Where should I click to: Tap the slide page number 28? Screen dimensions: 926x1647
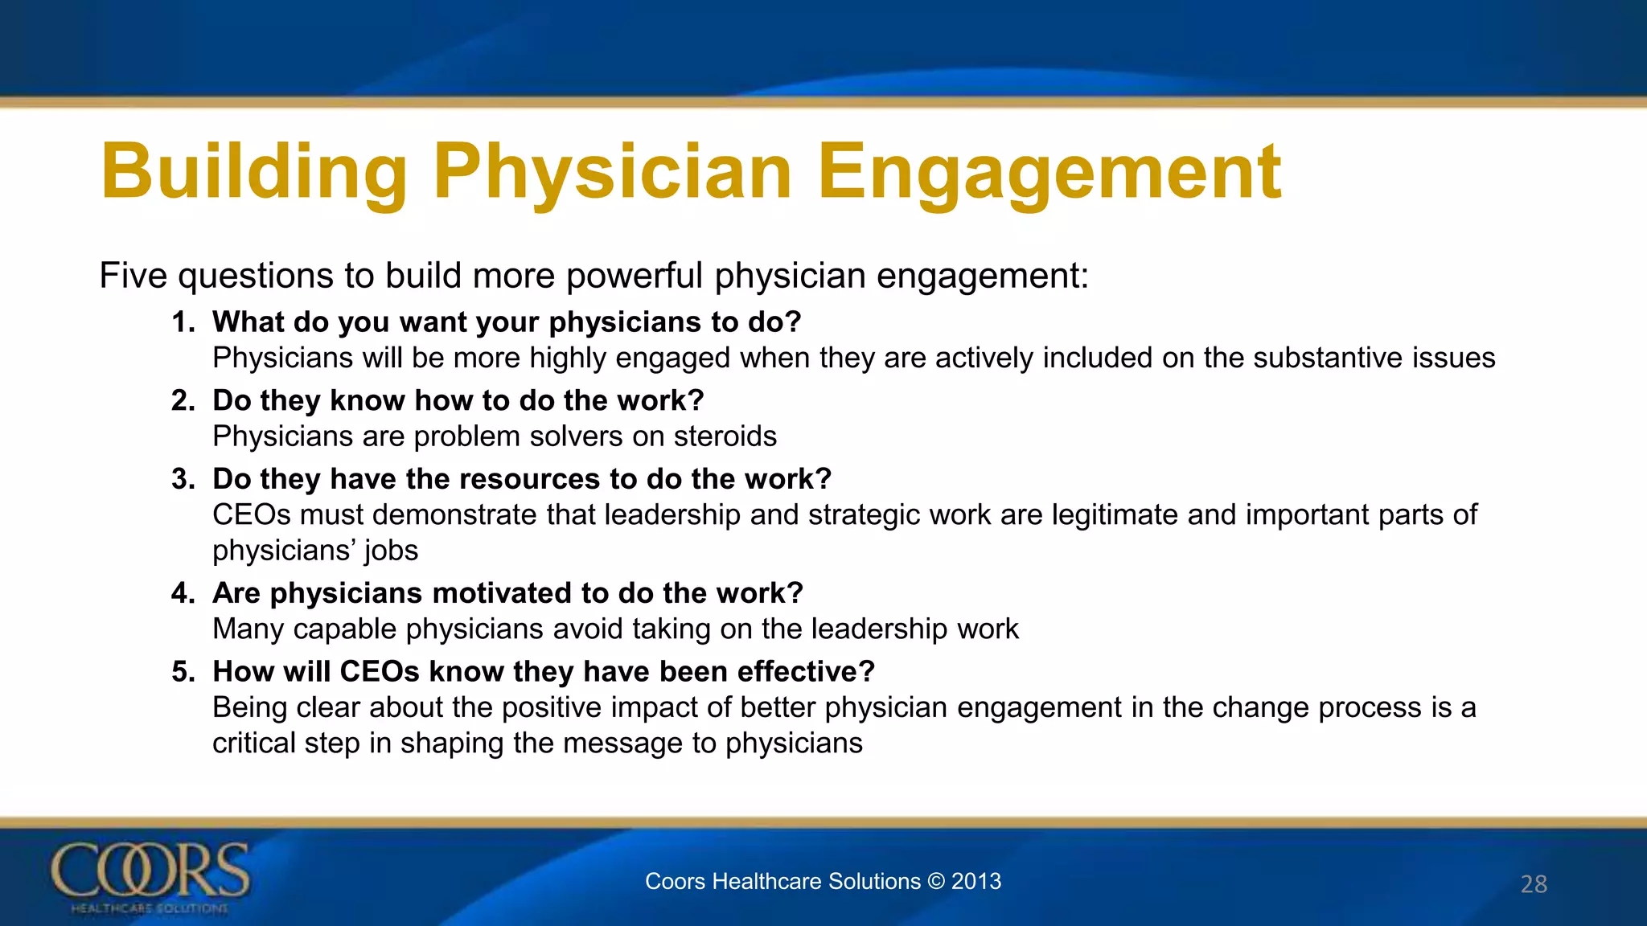point(1534,884)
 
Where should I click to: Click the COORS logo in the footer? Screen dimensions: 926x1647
point(150,876)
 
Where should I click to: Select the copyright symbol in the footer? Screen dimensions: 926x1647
point(935,881)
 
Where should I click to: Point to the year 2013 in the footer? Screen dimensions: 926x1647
point(976,881)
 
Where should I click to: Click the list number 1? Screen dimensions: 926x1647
point(183,322)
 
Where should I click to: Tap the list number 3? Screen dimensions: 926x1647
point(183,479)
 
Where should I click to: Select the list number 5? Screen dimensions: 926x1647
point(183,672)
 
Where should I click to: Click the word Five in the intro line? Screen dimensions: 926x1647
point(132,276)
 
